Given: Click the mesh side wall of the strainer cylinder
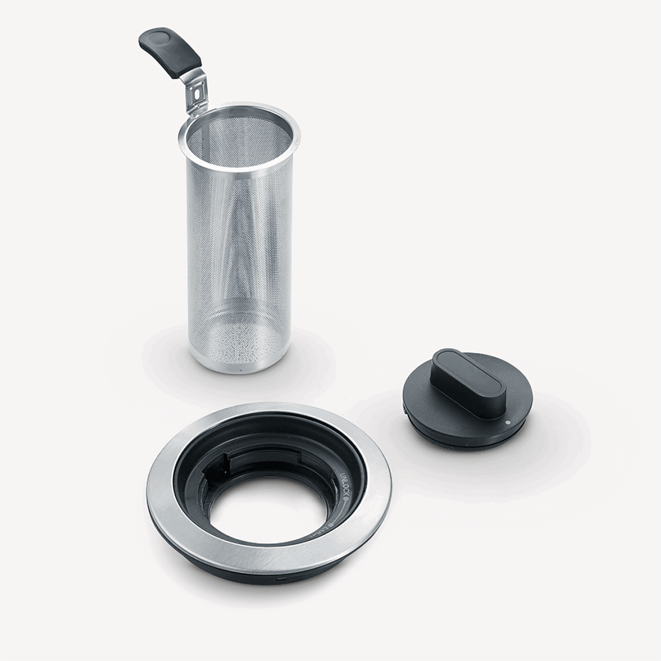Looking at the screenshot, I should pyautogui.click(x=207, y=258).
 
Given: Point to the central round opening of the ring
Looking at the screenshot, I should pyautogui.click(x=268, y=510).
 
